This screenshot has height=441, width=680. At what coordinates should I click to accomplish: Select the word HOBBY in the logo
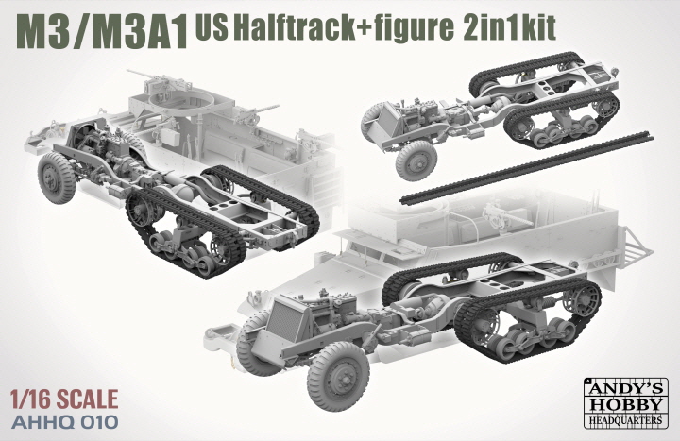(626, 403)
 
